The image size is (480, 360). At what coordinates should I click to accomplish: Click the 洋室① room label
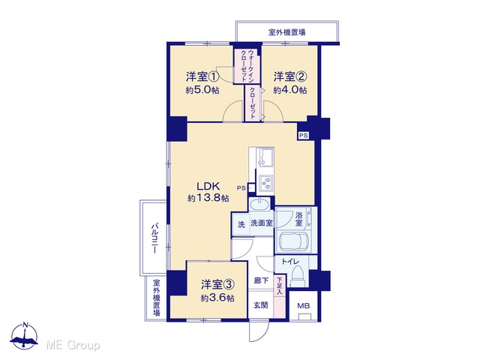coord(202,76)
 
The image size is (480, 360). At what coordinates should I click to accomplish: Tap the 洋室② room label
coord(290,76)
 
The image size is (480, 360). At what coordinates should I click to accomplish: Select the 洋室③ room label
coord(217,285)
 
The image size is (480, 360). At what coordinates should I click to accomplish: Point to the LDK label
coord(208,186)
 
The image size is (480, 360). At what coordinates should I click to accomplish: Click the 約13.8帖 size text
coord(208,198)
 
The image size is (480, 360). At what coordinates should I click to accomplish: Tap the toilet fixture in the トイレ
coord(297,275)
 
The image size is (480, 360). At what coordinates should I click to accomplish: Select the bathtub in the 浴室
coord(293,241)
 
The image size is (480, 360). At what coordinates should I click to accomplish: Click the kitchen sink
coord(265,157)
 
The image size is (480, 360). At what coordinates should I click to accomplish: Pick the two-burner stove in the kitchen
coord(266,184)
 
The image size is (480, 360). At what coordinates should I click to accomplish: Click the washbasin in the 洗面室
coord(259,203)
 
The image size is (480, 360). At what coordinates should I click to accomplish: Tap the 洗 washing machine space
coord(241,224)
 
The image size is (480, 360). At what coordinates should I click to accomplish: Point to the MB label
coord(304,305)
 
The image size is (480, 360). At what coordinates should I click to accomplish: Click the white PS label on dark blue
coord(304,135)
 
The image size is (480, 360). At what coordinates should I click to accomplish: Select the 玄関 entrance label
coord(260,305)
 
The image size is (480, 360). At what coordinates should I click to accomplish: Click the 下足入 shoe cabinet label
coord(280,286)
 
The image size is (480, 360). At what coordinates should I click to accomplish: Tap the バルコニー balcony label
coord(155,238)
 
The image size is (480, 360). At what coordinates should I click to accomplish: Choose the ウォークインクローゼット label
coord(247,65)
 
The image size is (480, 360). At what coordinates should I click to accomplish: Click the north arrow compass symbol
coord(24,336)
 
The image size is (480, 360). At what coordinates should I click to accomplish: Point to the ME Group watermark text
coord(73,345)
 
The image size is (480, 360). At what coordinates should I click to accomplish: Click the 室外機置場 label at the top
coord(286,32)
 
